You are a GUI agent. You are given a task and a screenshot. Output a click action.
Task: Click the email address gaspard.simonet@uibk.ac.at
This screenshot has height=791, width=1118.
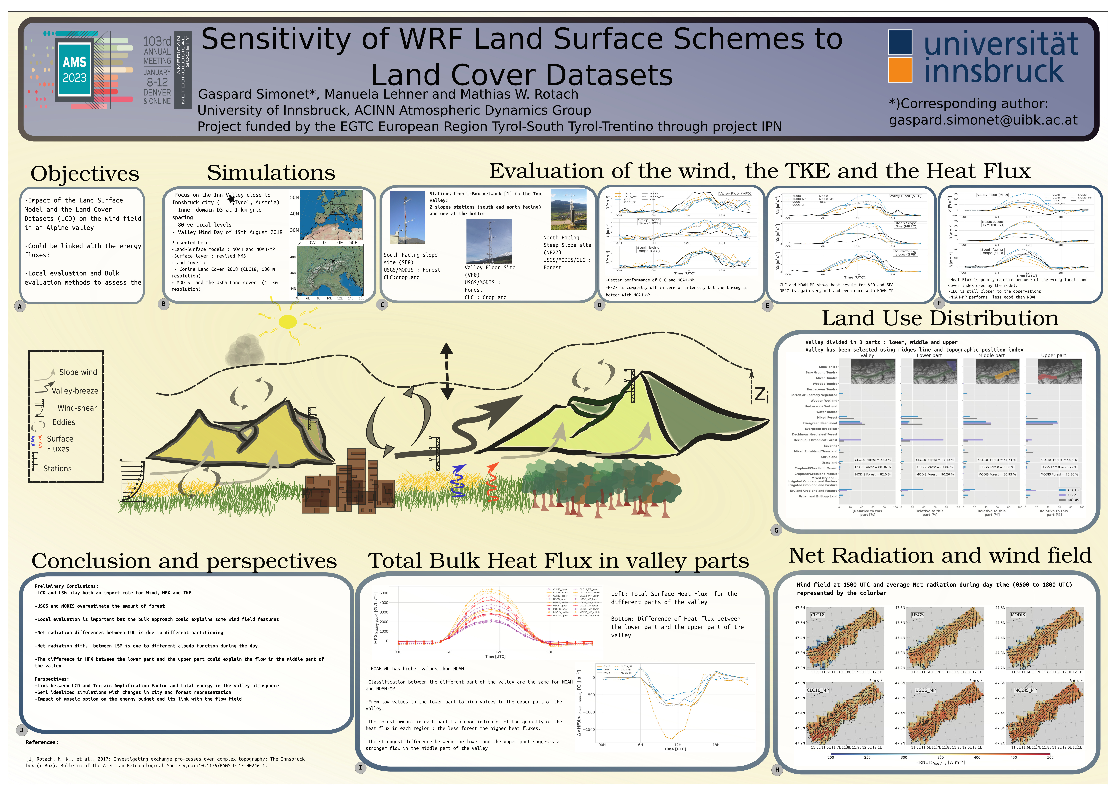tap(983, 120)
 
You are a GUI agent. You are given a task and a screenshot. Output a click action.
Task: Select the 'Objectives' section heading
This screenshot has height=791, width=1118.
tap(85, 173)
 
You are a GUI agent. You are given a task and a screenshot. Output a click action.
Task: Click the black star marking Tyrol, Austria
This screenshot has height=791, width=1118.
tap(231, 199)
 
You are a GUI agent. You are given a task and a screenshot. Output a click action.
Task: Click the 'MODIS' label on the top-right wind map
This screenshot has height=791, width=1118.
tap(1018, 615)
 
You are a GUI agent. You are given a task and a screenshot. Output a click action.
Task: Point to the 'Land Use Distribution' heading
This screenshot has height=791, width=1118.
tap(940, 319)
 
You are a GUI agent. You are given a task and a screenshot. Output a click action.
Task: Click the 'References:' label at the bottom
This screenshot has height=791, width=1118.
tap(42, 742)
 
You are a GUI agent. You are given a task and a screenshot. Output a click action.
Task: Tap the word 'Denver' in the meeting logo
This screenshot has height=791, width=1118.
tap(157, 92)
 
